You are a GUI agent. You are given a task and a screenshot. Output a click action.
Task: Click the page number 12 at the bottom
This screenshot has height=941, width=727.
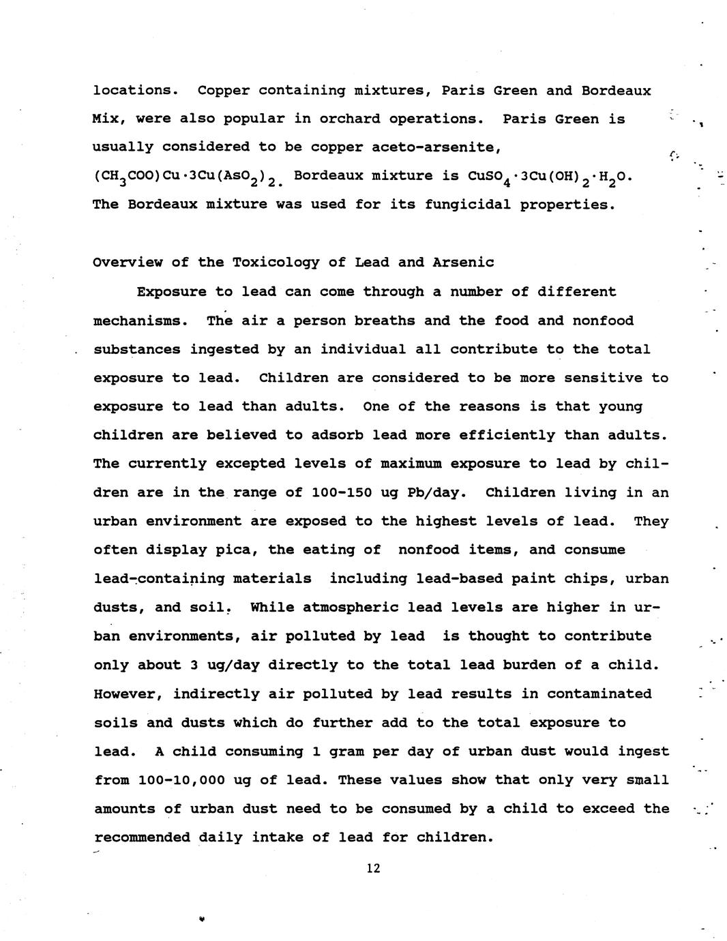(372, 868)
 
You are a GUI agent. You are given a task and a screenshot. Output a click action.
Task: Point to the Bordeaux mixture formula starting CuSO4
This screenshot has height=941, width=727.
(550, 177)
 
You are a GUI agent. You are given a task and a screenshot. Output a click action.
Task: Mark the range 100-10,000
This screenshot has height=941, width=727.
(179, 780)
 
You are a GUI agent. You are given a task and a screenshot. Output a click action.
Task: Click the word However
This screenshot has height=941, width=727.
(127, 694)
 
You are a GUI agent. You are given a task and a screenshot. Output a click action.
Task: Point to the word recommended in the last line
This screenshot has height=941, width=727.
(142, 837)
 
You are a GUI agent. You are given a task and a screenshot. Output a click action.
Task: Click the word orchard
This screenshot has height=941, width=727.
(350, 119)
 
